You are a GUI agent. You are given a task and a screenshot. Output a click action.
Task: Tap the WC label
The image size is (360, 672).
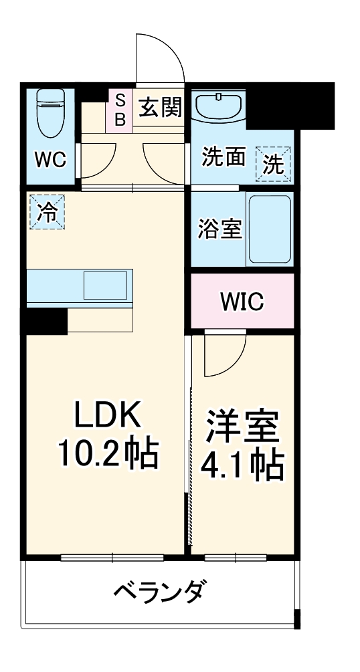coord(50,160)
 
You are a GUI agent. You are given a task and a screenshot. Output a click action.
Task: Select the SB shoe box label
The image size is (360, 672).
coord(120,110)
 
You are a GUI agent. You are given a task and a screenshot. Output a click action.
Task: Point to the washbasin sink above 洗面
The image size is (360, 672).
coord(218,106)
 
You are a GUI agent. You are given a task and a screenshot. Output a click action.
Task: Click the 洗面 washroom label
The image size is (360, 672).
coord(223,158)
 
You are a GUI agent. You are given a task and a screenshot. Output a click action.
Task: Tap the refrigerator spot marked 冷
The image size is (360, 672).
coord(47,211)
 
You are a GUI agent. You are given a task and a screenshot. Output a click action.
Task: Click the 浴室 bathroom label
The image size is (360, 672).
coord(219,229)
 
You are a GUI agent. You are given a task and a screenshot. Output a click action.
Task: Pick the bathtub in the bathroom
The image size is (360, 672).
coord(269,230)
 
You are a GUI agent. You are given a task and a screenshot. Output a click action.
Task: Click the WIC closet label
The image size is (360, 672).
coord(242,302)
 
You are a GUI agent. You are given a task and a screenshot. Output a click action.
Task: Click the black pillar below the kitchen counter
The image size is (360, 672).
coord(46,322)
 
